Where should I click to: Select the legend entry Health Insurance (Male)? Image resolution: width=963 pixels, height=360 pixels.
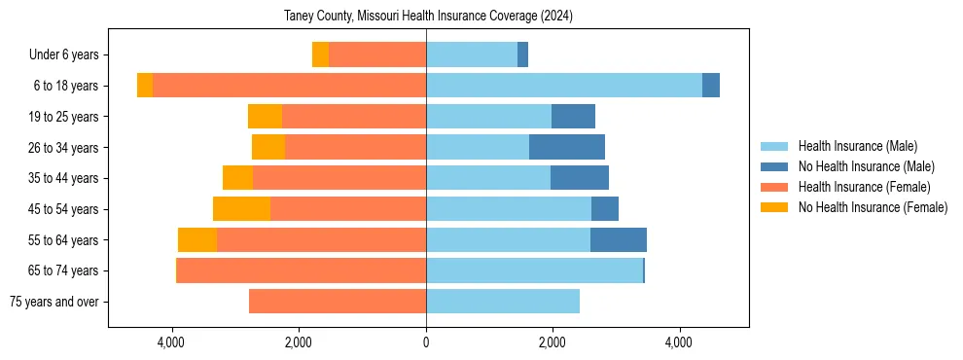(x=857, y=146)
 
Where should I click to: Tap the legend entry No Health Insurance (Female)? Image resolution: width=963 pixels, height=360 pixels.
(x=873, y=207)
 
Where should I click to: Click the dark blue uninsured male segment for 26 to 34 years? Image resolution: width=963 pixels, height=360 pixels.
(x=567, y=147)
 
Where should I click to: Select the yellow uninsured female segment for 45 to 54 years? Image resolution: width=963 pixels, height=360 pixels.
(x=241, y=209)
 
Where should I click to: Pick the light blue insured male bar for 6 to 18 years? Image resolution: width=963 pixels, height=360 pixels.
(x=564, y=86)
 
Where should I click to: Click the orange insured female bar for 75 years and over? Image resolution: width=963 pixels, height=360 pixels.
(x=338, y=302)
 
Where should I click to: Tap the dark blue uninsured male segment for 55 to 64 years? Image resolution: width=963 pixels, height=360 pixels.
(x=619, y=240)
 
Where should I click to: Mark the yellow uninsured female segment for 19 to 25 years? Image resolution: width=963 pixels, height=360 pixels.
(x=265, y=117)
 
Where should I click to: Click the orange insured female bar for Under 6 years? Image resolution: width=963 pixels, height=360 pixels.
(x=377, y=55)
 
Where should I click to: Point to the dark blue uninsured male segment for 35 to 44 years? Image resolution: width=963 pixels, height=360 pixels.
(x=580, y=178)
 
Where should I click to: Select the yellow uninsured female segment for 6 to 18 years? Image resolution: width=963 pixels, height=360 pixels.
(x=145, y=86)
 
